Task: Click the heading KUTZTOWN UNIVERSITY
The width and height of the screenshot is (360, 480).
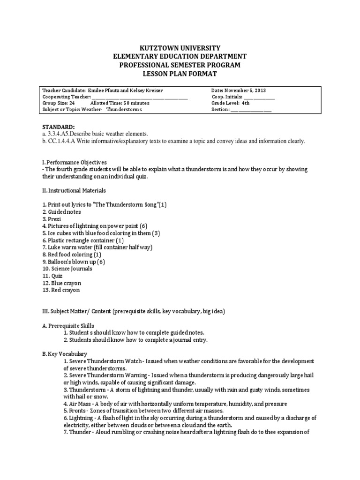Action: pos(180,48)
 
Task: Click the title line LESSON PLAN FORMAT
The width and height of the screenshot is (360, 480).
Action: pos(180,74)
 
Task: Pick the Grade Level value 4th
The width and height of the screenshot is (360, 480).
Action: pos(246,103)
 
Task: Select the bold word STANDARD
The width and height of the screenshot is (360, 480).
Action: pos(58,127)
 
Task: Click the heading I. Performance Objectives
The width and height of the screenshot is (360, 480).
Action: pos(75,162)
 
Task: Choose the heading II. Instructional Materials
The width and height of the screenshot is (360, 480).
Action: pos(74,190)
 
